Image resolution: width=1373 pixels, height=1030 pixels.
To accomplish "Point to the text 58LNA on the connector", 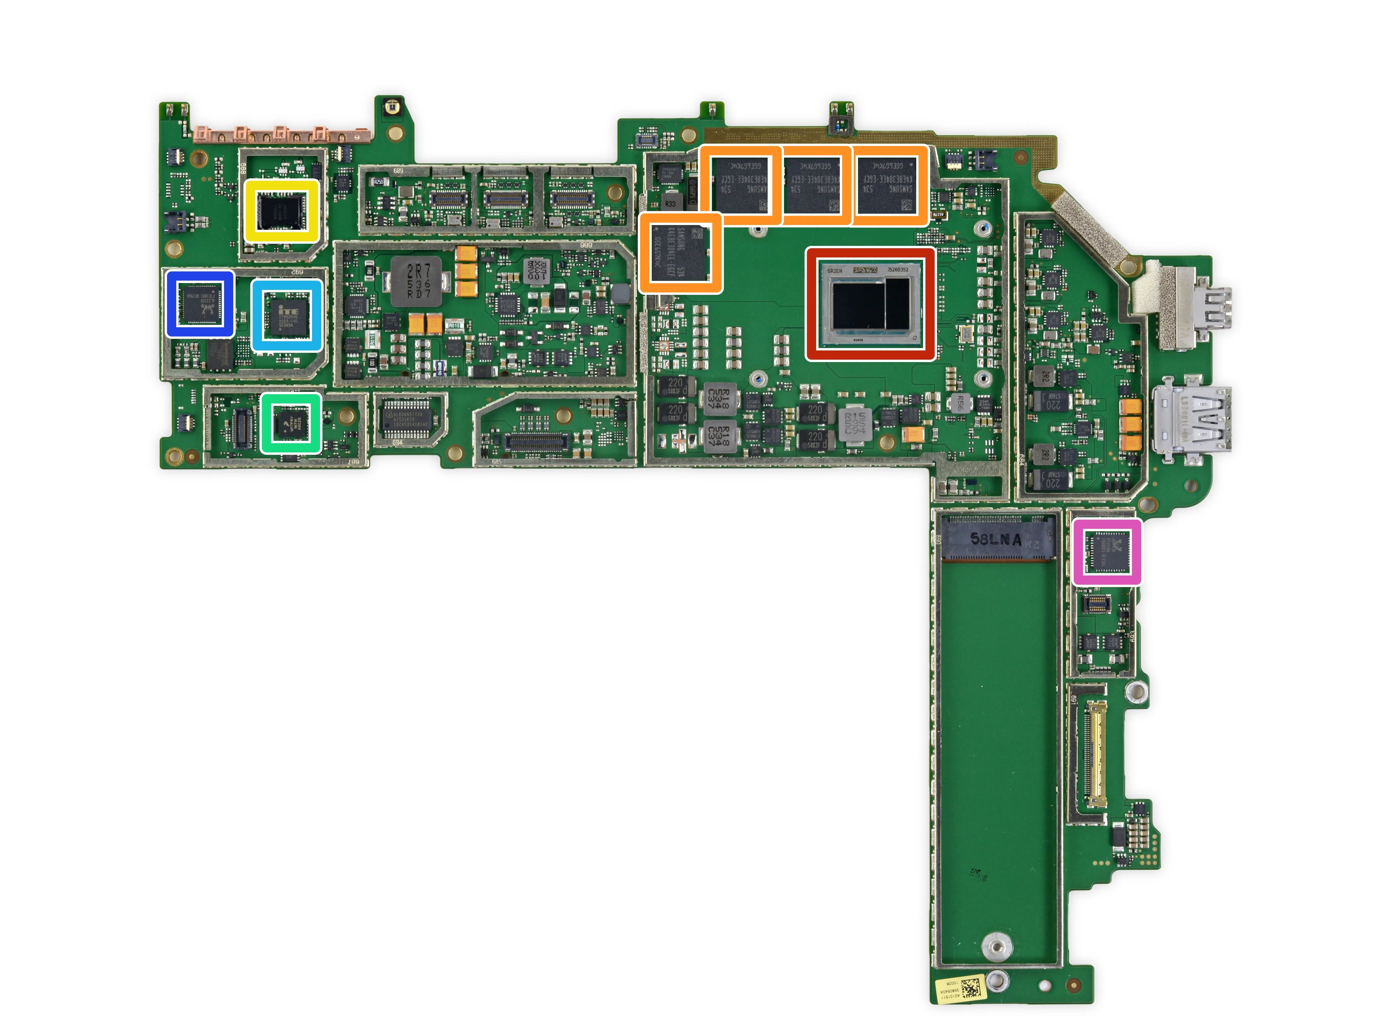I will [995, 539].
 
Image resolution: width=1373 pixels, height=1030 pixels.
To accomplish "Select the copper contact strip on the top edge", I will [282, 133].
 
